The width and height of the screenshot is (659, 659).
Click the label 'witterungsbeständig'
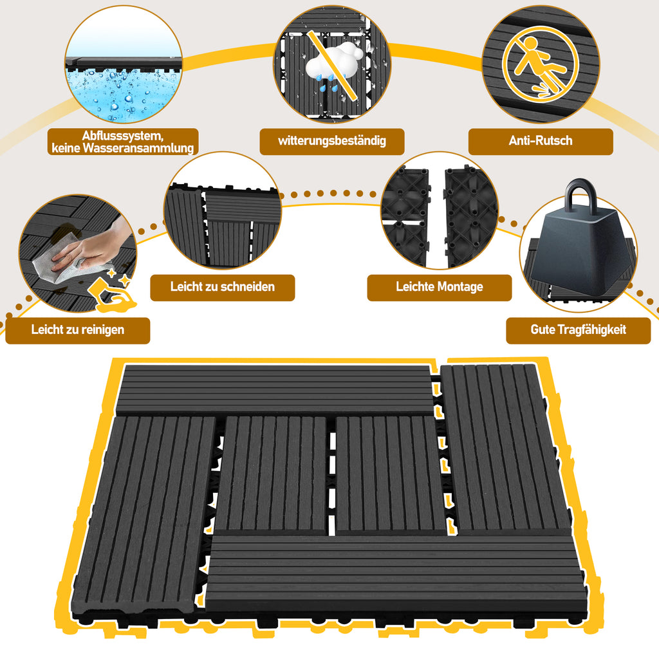pyautogui.click(x=332, y=141)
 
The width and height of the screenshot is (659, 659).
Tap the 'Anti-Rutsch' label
pyautogui.click(x=541, y=140)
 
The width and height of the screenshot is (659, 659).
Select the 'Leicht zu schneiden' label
pyautogui.click(x=222, y=286)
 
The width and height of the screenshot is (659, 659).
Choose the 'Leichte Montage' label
pyautogui.click(x=439, y=286)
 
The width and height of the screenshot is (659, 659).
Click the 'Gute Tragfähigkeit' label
pyautogui.click(x=579, y=329)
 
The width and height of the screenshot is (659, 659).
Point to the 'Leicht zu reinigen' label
pyautogui.click(x=78, y=329)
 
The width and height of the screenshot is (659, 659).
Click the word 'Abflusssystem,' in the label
pyautogui.click(x=123, y=136)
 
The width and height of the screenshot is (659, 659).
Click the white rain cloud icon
pyautogui.click(x=334, y=62)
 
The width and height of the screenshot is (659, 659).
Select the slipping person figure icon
pyautogui.click(x=539, y=65)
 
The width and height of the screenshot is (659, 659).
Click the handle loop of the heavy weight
pyautogui.click(x=581, y=196)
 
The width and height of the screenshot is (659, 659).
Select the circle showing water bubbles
pyautogui.click(x=124, y=64)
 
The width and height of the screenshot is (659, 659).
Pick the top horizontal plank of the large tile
pyautogui.click(x=275, y=390)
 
